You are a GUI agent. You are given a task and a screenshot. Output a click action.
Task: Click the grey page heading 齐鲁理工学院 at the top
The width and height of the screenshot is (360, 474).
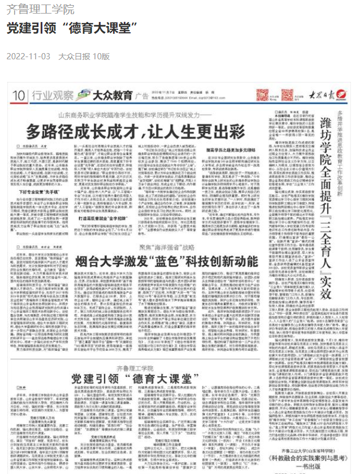[x=40, y=10]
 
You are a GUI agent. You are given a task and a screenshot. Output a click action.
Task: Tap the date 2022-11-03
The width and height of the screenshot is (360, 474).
[x=28, y=56]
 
